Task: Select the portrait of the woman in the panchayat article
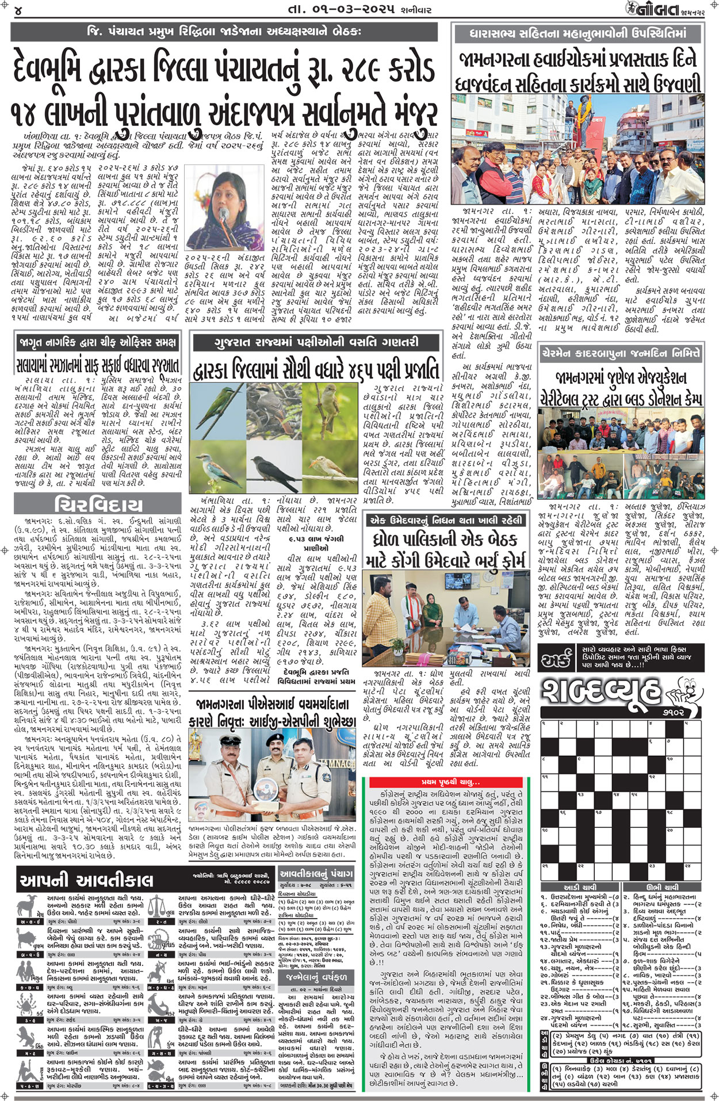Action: pos(222,207)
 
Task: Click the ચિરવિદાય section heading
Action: pos(98,505)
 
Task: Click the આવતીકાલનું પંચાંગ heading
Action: pos(316,873)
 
